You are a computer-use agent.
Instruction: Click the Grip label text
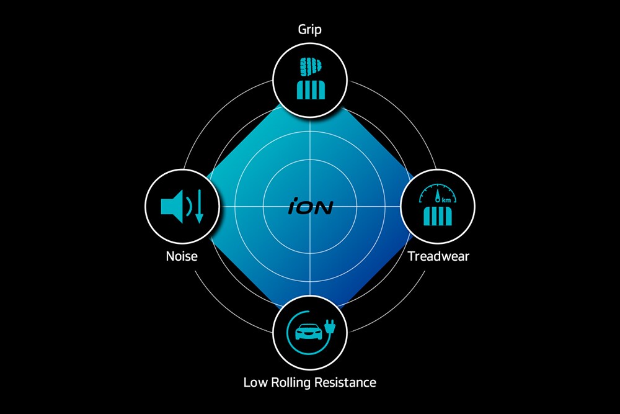coord(310,29)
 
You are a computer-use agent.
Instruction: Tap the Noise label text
coord(182,256)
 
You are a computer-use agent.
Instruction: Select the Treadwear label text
coord(438,256)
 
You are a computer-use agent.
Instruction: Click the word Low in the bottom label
coord(255,382)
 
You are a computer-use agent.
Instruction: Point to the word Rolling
coord(290,382)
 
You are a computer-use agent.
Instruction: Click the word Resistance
coord(345,382)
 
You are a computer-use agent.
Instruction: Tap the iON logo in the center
coord(310,207)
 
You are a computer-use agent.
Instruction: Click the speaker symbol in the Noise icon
coord(170,206)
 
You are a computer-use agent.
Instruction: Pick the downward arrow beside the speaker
coord(199,207)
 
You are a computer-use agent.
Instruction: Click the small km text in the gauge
coord(446,200)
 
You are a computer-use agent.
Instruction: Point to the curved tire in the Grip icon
coord(310,67)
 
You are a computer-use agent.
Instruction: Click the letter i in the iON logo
coord(293,207)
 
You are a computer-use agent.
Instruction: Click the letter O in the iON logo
coord(306,207)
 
